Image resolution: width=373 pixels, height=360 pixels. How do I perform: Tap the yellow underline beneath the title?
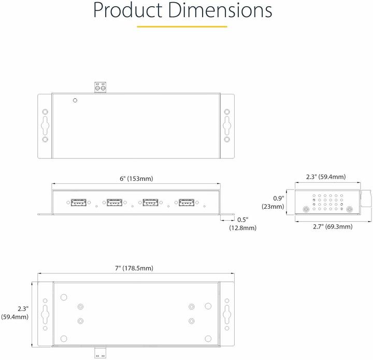pyautogui.click(x=182, y=26)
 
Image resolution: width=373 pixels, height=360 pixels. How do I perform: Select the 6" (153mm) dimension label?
pyautogui.click(x=136, y=179)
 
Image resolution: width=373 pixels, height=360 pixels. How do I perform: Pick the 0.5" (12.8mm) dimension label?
pyautogui.click(x=242, y=223)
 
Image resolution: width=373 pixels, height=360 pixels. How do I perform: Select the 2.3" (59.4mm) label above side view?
pyautogui.click(x=325, y=177)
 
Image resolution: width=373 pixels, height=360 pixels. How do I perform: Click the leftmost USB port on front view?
pyautogui.click(x=77, y=203)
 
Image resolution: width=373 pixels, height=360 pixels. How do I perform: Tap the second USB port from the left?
pyautogui.click(x=113, y=203)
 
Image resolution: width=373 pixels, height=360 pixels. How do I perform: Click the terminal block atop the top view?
pyautogui.click(x=100, y=88)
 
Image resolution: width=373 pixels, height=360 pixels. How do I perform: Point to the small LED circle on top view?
pyautogui.click(x=76, y=100)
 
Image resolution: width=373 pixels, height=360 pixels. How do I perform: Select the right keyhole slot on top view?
pyautogui.click(x=226, y=125)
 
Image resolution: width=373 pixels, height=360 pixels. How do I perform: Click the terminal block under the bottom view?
pyautogui.click(x=100, y=352)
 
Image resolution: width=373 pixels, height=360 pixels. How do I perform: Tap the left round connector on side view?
pyautogui.click(x=306, y=210)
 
